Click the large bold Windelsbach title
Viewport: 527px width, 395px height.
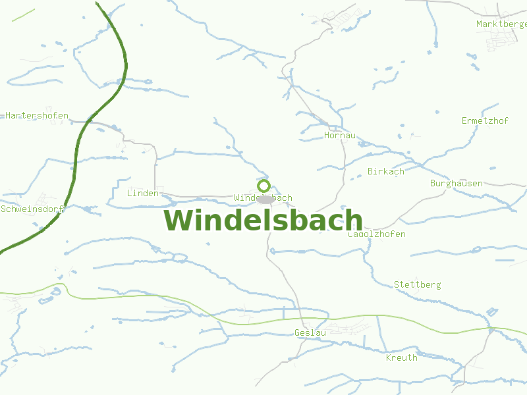point(263,221)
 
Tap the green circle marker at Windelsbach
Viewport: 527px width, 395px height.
point(264,186)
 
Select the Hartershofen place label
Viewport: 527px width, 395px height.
point(37,116)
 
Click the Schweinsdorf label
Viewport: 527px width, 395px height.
point(32,209)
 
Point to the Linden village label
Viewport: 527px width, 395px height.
point(143,194)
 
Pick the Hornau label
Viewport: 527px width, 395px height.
point(340,136)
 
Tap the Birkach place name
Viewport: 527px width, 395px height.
point(386,172)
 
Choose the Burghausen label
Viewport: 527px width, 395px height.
point(456,184)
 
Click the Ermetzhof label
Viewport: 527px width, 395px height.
point(485,120)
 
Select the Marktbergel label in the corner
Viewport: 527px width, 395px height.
point(501,24)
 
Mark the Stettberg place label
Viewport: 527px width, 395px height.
point(418,285)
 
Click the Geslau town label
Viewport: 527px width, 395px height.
point(310,333)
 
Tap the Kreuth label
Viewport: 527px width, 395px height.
point(402,358)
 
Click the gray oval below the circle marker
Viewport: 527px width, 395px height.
point(265,199)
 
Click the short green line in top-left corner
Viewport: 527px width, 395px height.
point(23,16)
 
